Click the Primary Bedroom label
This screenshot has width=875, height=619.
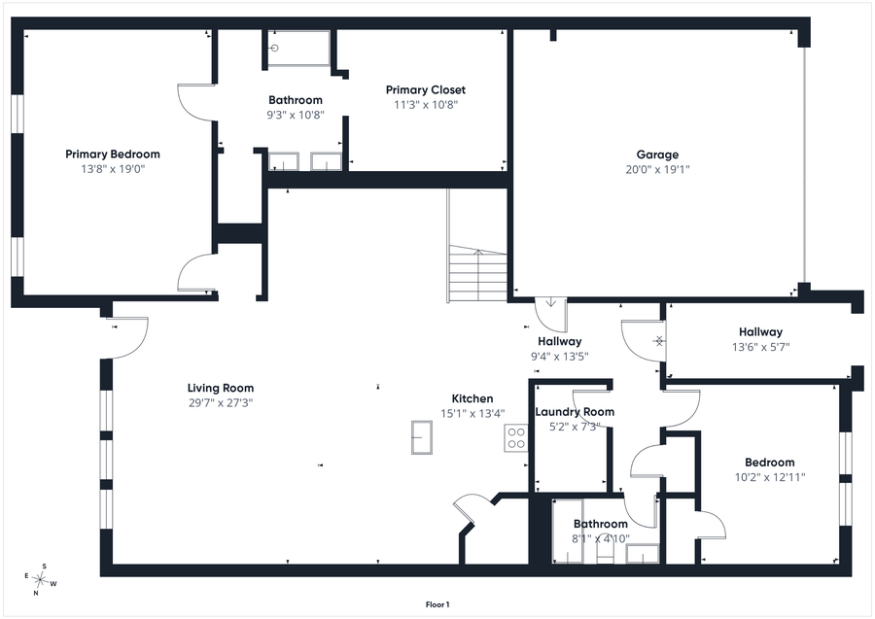[113, 155]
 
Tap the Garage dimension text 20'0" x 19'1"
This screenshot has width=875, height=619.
[657, 169]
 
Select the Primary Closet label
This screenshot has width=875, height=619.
[426, 89]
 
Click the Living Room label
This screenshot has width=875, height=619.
[221, 388]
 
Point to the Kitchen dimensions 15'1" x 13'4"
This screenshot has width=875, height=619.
[472, 413]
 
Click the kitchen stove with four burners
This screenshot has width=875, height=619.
[516, 437]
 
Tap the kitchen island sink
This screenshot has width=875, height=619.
[422, 437]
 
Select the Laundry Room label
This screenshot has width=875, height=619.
[575, 412]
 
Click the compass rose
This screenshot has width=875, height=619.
[40, 580]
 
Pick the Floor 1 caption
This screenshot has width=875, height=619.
[437, 604]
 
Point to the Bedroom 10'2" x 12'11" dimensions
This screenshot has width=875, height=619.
[770, 477]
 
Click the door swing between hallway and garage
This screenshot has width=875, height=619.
[551, 315]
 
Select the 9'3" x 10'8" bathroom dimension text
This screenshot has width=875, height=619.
[296, 116]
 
